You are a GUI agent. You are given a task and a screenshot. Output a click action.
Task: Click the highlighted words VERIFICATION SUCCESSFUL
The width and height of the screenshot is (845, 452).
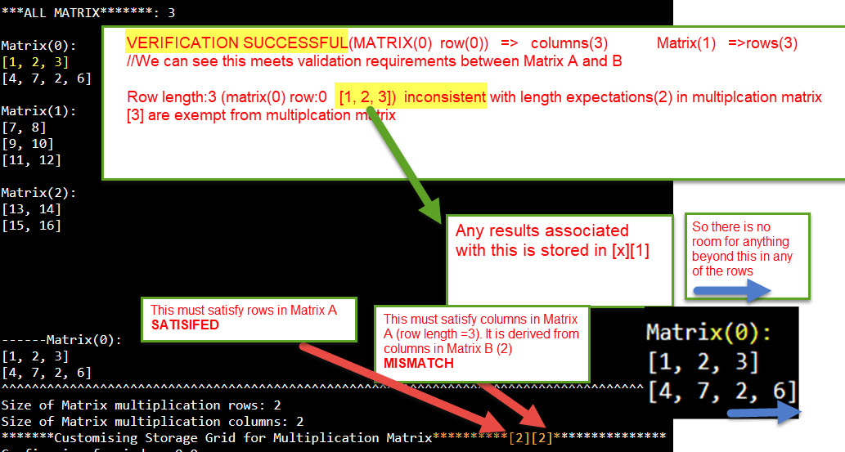(237, 43)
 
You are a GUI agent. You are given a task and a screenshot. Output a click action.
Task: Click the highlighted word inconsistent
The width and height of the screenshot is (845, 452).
(445, 97)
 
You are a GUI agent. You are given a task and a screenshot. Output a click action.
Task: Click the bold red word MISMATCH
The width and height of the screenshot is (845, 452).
(418, 364)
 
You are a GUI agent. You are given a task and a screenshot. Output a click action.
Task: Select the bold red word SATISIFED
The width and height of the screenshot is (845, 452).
(186, 324)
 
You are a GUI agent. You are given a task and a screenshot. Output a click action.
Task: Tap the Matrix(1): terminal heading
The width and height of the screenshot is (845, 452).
(38, 110)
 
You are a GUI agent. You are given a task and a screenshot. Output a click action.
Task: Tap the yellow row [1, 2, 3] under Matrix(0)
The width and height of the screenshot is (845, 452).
(34, 62)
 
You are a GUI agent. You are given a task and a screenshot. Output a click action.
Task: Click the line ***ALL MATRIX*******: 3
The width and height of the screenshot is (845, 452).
(88, 12)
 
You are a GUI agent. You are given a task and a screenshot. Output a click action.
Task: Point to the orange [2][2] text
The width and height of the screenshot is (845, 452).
(529, 437)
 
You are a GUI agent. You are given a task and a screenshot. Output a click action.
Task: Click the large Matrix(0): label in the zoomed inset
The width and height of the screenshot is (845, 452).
(708, 333)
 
